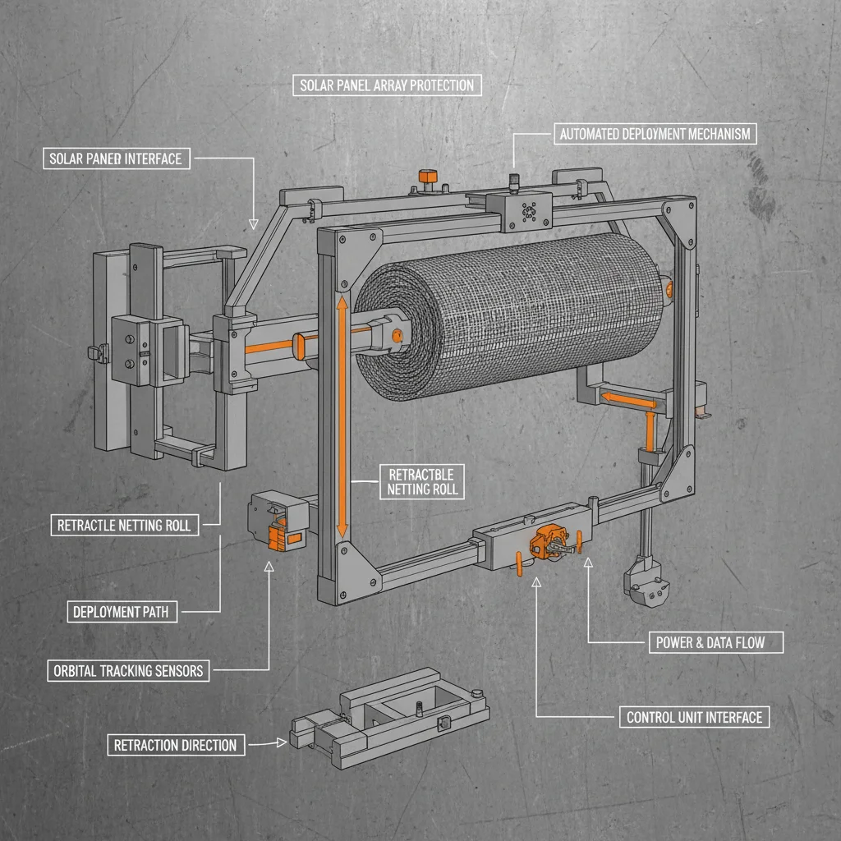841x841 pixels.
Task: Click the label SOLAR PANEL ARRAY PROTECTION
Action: click(x=387, y=85)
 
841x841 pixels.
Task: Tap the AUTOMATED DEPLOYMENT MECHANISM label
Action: click(x=655, y=134)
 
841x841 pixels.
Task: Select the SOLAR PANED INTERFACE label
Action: click(x=114, y=158)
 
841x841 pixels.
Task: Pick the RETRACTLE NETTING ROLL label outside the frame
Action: click(x=124, y=525)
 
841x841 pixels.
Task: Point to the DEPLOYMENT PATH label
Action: click(x=121, y=611)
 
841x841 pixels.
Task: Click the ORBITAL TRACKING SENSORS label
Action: click(x=127, y=670)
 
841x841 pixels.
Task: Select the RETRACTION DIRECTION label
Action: click(x=175, y=745)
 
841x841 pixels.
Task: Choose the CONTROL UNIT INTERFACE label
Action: click(x=694, y=717)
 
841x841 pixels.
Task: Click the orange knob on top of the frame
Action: click(x=427, y=177)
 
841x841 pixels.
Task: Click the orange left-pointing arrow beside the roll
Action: click(x=628, y=401)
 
